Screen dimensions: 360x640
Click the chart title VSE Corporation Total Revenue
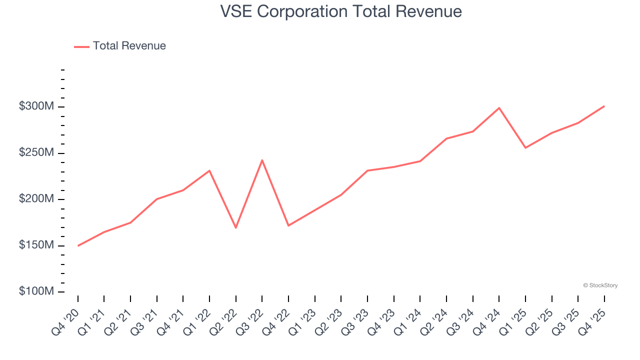coord(341,11)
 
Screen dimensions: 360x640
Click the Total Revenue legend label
coord(129,46)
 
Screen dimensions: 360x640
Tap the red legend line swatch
coord(81,46)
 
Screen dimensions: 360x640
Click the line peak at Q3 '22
coord(262,160)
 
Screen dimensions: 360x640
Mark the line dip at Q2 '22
coord(235,227)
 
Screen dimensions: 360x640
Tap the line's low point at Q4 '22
coord(288,225)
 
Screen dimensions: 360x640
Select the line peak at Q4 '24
coord(499,108)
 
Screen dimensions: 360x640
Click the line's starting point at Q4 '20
coord(78,245)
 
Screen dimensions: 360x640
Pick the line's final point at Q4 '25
coord(604,106)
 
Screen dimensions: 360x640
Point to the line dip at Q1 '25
coord(525,147)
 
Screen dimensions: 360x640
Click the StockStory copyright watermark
coord(600,285)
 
